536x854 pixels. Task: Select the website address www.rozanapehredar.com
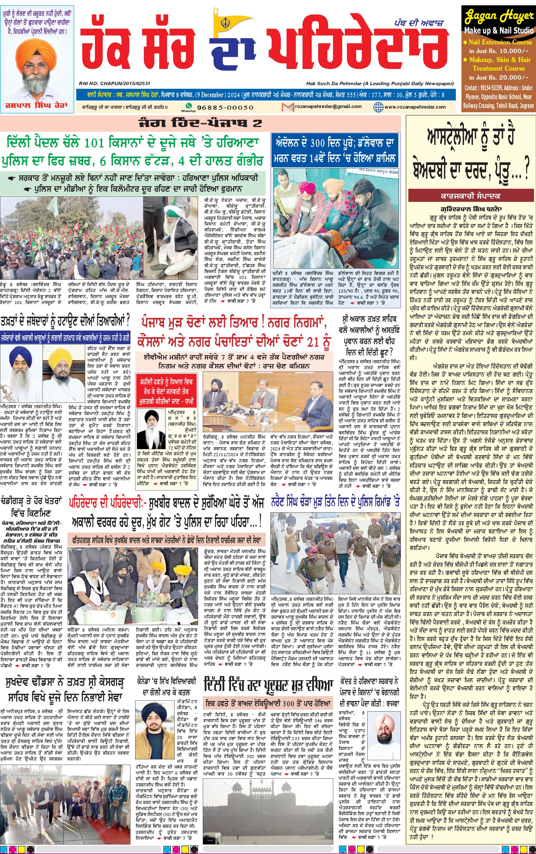tap(415, 107)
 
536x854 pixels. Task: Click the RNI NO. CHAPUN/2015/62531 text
tap(115, 83)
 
